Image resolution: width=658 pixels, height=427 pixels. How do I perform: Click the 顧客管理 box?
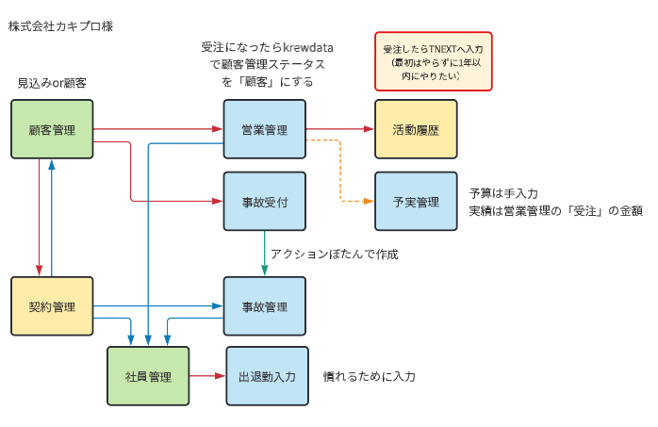click(x=52, y=129)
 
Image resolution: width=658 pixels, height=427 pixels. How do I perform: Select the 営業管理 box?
click(x=264, y=129)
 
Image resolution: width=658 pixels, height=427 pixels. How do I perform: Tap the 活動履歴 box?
click(x=416, y=129)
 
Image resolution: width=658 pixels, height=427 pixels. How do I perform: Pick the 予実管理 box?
click(x=416, y=202)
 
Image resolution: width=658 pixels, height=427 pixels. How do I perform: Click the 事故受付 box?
click(x=264, y=202)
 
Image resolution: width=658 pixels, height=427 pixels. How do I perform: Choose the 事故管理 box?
click(x=264, y=306)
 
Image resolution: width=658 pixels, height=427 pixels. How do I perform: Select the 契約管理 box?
click(x=52, y=306)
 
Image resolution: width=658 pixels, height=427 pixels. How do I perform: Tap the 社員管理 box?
click(x=148, y=376)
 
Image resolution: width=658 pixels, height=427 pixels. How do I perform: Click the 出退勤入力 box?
click(x=267, y=376)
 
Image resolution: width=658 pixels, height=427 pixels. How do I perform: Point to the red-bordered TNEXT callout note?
click(x=434, y=60)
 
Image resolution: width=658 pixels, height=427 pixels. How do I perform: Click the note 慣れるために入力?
click(x=370, y=376)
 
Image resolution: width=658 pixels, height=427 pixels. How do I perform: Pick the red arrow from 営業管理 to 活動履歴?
click(x=339, y=129)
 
